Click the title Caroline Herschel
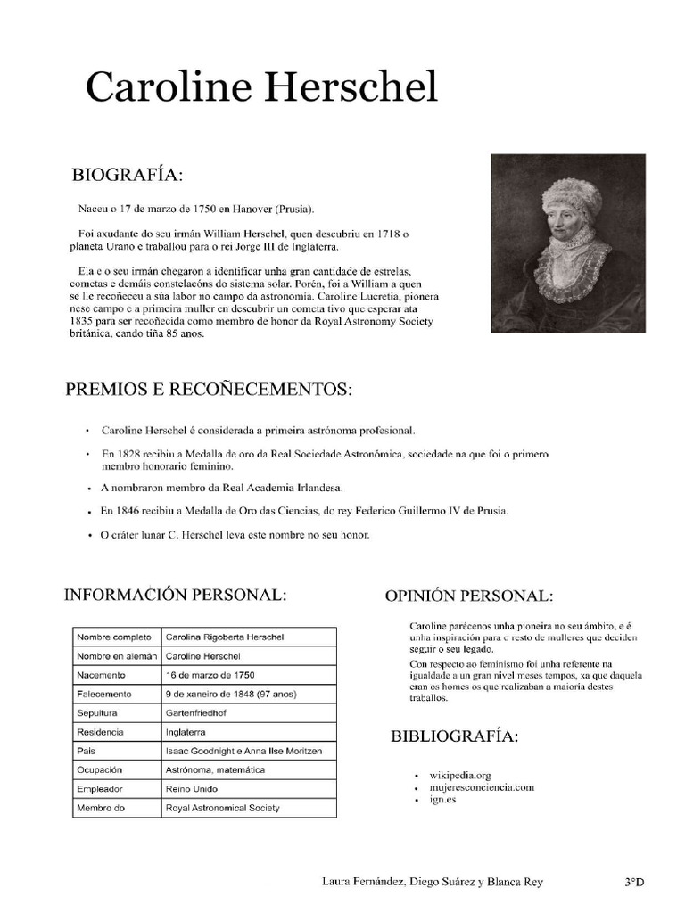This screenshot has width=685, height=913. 261,88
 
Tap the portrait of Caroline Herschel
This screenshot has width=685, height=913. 568,243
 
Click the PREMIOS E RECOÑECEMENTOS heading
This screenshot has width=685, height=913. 209,390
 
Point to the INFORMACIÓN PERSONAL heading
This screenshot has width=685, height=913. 175,595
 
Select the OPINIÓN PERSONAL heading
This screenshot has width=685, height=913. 468,596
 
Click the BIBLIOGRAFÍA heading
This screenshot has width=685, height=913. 454,736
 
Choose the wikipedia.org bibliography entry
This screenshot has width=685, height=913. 460,776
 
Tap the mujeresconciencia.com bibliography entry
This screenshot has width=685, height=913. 482,787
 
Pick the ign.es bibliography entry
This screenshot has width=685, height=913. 442,800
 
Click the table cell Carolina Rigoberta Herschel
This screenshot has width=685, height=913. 225,637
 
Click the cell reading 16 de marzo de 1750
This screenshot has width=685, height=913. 210,675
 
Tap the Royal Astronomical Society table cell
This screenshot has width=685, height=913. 222,808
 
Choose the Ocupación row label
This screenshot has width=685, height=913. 98,769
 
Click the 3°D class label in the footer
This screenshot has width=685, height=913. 634,883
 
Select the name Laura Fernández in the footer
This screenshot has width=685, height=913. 361,883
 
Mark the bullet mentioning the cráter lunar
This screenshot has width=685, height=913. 235,535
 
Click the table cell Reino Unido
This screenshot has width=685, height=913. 191,789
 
